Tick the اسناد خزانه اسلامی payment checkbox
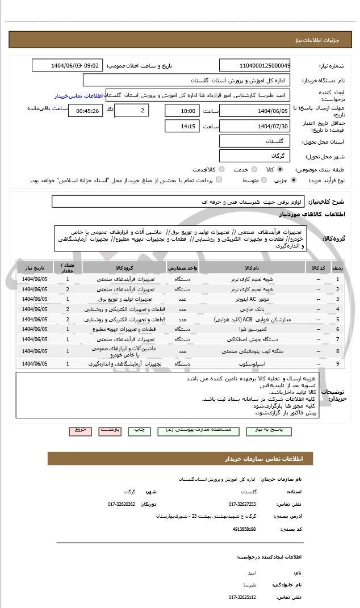click(219, 180)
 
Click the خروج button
click(80, 430)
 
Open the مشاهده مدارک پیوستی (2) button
click(190, 430)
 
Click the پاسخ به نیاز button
click(255, 430)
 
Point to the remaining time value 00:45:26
click(85, 111)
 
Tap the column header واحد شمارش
click(182, 267)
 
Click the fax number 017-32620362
click(122, 504)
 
